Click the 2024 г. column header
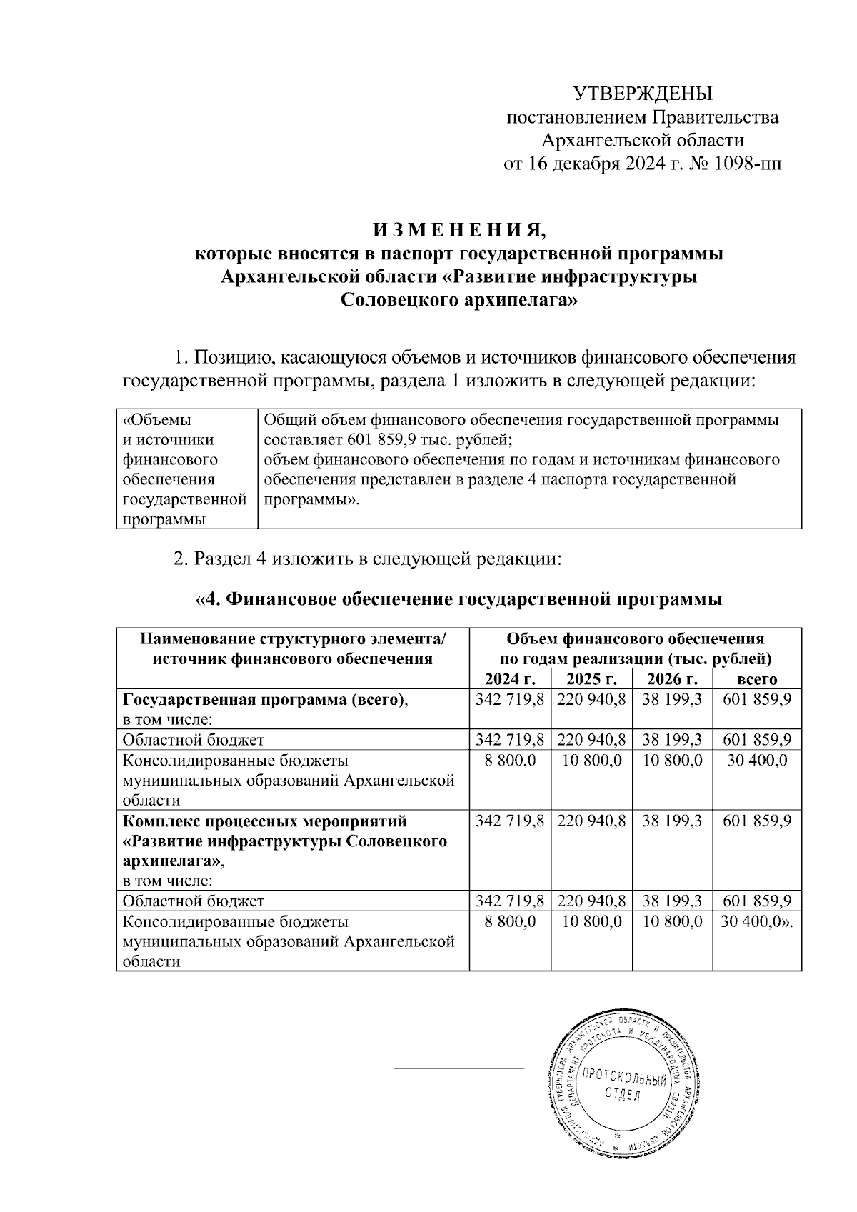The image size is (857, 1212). [509, 679]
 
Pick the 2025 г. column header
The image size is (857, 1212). [591, 679]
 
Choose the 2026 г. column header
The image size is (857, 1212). [672, 679]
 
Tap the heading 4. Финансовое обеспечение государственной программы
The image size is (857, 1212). [459, 600]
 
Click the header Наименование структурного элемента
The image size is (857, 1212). [293, 638]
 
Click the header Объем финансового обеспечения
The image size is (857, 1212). [635, 638]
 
